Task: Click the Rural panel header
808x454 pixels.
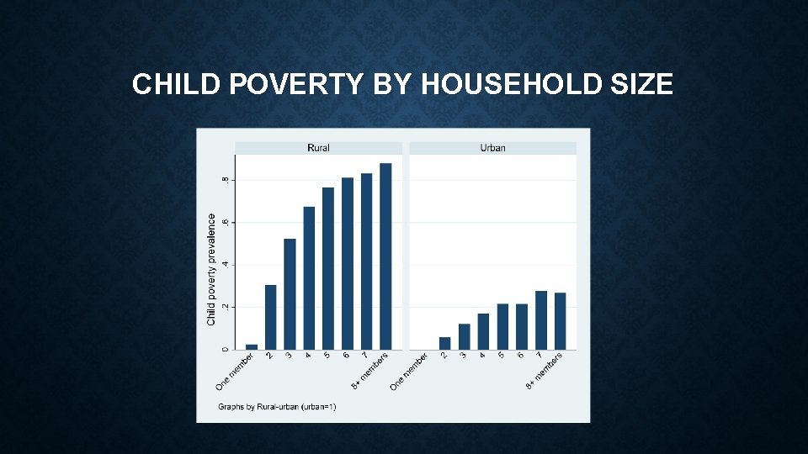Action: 318,148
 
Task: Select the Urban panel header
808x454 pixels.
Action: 492,148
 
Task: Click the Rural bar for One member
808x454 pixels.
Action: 251,346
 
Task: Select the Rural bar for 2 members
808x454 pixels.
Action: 270,317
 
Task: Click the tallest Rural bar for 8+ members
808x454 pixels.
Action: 385,256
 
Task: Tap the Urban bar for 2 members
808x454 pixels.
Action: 444,343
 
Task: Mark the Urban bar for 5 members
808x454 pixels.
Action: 502,326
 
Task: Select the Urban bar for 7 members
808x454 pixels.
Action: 541,320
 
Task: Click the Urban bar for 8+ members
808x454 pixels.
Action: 561,321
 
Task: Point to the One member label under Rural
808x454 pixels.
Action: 235,372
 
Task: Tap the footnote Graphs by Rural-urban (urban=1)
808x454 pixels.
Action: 278,408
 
